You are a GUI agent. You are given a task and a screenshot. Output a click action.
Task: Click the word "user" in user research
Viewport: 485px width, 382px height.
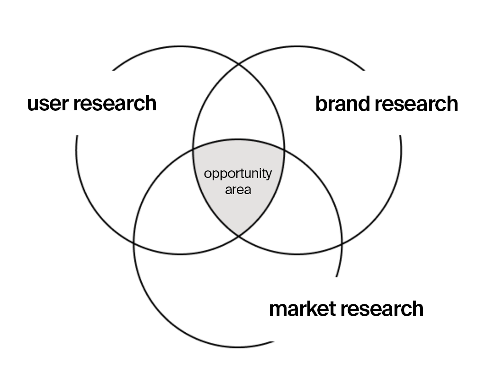[46, 103]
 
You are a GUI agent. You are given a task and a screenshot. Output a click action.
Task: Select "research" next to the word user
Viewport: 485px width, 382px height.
[115, 103]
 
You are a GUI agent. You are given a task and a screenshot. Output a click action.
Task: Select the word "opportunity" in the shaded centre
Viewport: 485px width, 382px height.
[238, 174]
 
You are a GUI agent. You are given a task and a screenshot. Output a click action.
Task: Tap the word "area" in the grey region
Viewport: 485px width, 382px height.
[238, 190]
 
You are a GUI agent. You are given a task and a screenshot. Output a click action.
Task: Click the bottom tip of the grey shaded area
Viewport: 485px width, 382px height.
[238, 234]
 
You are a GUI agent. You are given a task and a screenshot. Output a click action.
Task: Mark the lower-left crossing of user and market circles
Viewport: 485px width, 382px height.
[135, 244]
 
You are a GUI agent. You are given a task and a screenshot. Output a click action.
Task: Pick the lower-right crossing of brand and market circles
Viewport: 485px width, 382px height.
[341, 244]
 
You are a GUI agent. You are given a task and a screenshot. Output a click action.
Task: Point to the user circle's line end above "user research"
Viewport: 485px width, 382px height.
[113, 71]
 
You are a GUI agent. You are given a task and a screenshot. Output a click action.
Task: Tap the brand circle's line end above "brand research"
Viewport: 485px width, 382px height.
[365, 71]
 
